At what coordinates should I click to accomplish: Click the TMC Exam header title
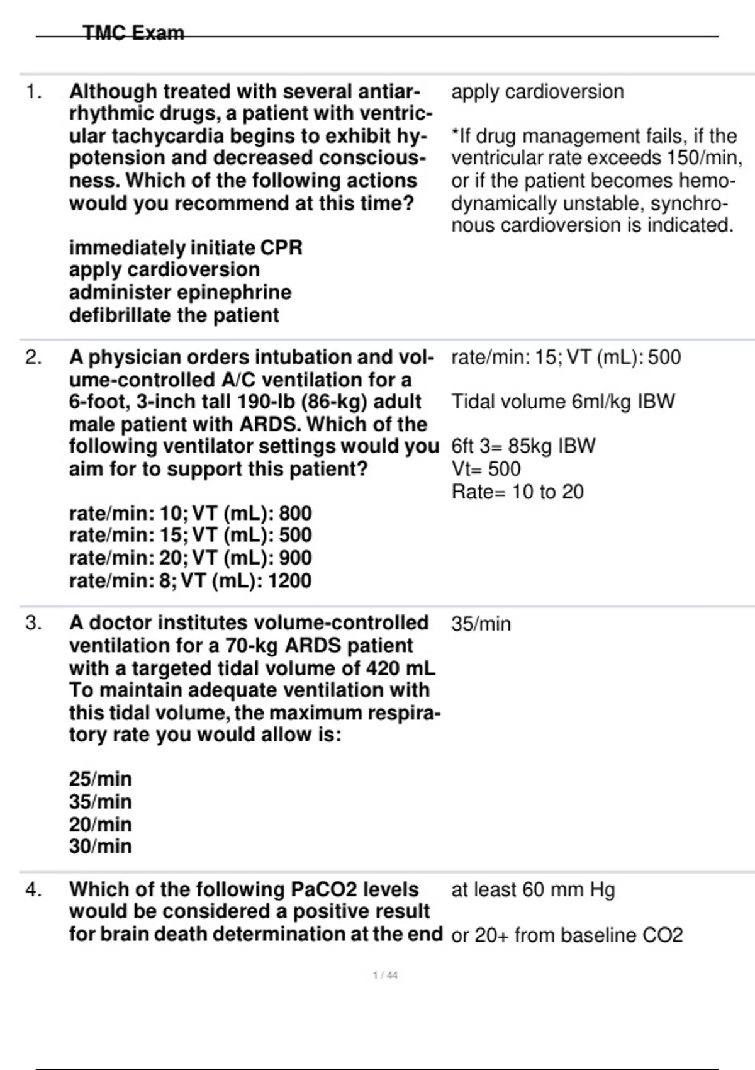pyautogui.click(x=133, y=33)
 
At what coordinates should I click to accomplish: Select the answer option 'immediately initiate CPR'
pyautogui.click(x=186, y=247)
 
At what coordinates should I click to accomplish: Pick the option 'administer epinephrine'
pyautogui.click(x=180, y=292)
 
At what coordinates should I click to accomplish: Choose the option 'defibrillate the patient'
pyautogui.click(x=174, y=315)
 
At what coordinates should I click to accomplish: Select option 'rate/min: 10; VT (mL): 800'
pyautogui.click(x=190, y=513)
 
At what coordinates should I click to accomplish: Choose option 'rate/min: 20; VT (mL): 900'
pyautogui.click(x=190, y=558)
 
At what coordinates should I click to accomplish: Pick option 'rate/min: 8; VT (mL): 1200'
pyautogui.click(x=190, y=580)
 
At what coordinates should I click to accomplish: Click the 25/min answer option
pyautogui.click(x=101, y=779)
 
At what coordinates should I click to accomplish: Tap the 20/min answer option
pyautogui.click(x=101, y=824)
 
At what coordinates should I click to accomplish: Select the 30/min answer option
pyautogui.click(x=101, y=846)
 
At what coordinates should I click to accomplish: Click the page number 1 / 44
pyautogui.click(x=385, y=975)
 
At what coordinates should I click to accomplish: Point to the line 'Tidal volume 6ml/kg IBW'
pyautogui.click(x=562, y=402)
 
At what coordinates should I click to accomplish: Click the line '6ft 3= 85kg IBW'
pyautogui.click(x=523, y=446)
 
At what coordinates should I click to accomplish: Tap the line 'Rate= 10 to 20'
pyautogui.click(x=517, y=492)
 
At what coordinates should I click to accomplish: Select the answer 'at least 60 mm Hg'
pyautogui.click(x=533, y=889)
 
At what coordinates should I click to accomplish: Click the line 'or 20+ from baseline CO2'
pyautogui.click(x=567, y=935)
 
